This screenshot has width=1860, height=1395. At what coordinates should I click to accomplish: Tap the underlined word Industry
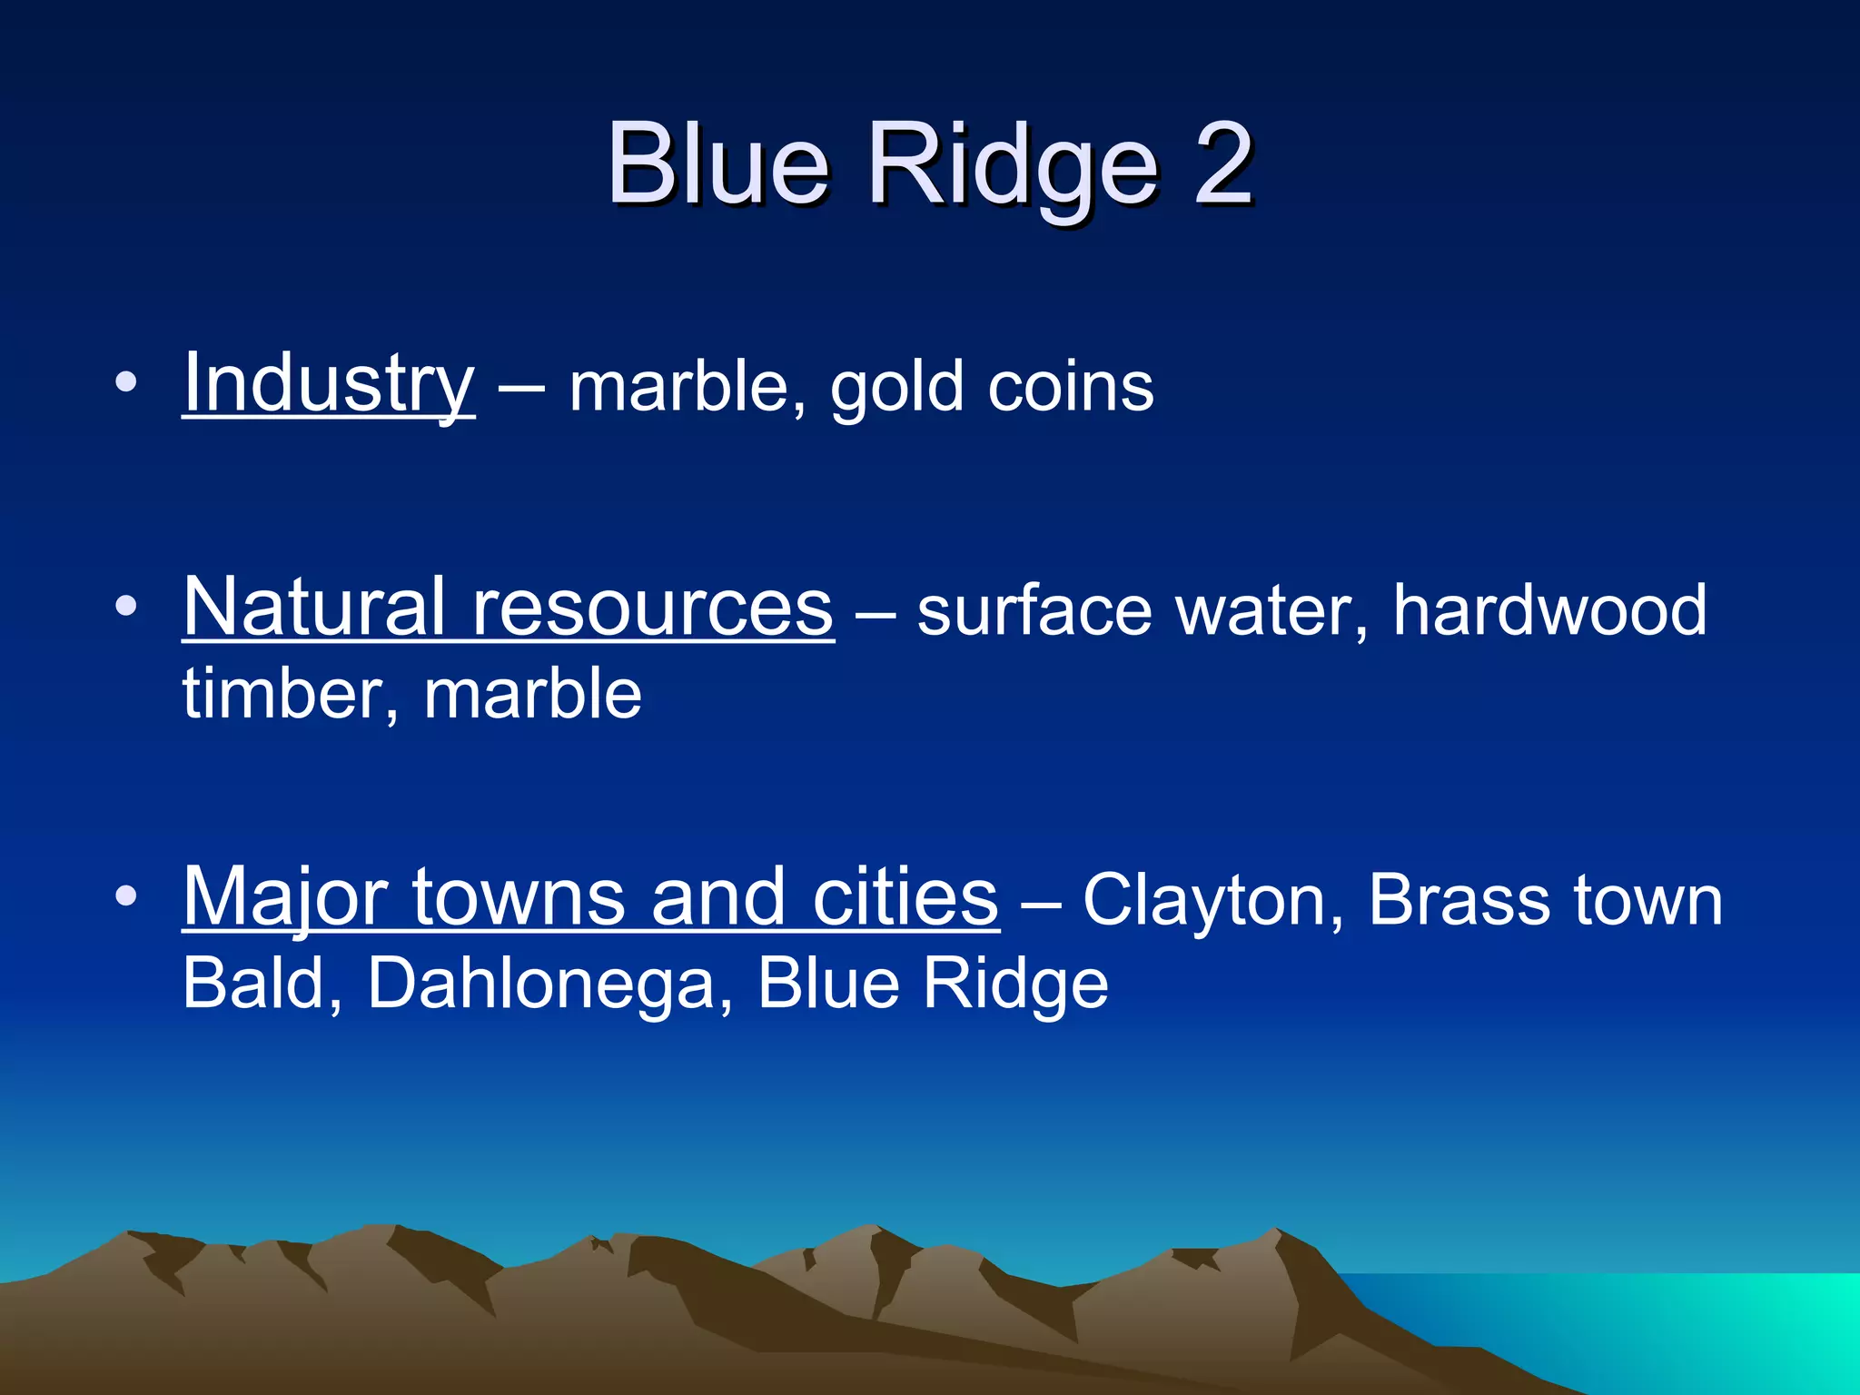pyautogui.click(x=328, y=384)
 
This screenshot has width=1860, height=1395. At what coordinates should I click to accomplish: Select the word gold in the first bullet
pyautogui.click(x=895, y=389)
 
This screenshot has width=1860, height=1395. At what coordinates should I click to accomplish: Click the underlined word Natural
pyautogui.click(x=314, y=607)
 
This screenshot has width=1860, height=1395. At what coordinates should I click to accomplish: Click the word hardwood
pyautogui.click(x=1549, y=610)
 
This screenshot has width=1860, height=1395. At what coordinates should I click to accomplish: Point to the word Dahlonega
pyautogui.click(x=541, y=984)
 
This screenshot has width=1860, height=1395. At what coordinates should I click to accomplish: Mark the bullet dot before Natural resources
pyautogui.click(x=126, y=606)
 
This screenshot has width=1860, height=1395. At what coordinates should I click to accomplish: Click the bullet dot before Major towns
pyautogui.click(x=126, y=896)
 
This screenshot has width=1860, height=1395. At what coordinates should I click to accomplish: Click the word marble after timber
pyautogui.click(x=532, y=694)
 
